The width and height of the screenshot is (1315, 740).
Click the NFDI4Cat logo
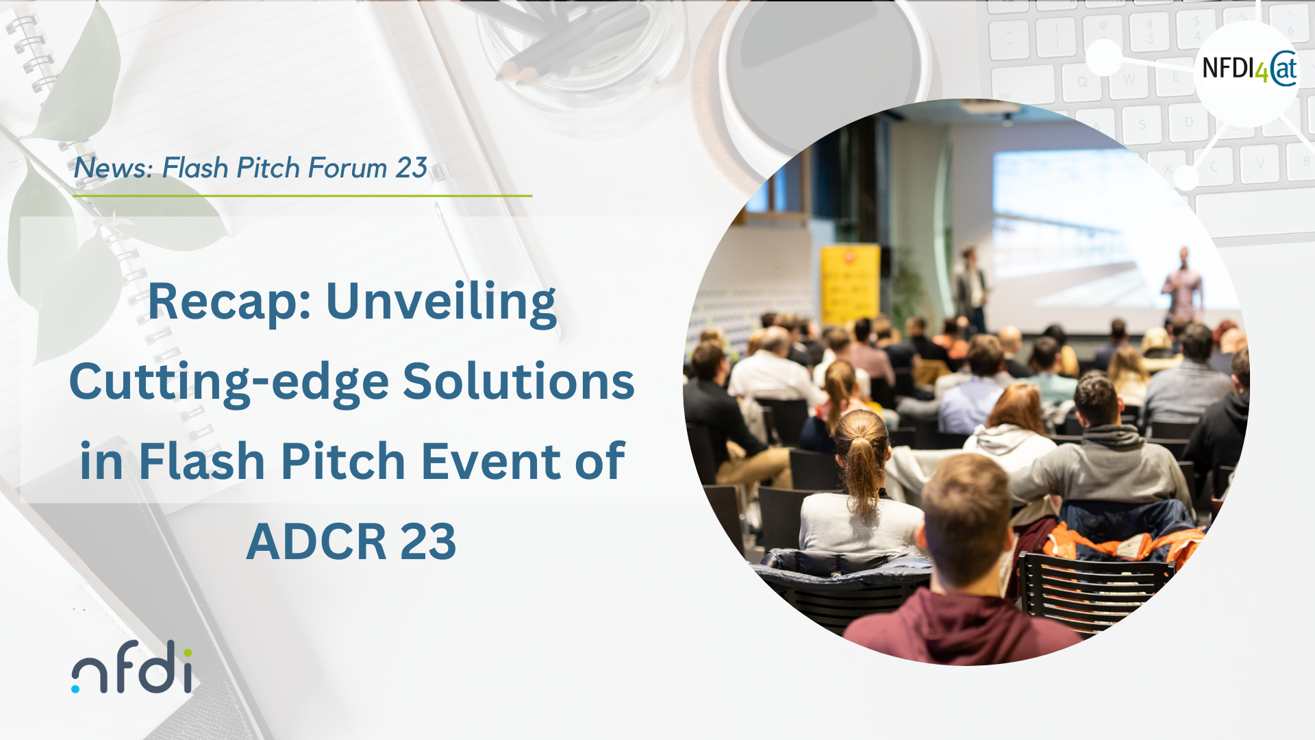[x=1249, y=69]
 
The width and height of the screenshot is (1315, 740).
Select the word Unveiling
[x=441, y=302]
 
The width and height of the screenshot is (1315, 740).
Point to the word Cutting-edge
[x=229, y=382]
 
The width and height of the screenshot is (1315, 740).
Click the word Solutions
[x=518, y=381]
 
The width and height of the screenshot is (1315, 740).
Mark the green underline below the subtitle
[x=303, y=196]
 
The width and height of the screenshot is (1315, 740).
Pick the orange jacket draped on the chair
[x=1123, y=541]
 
